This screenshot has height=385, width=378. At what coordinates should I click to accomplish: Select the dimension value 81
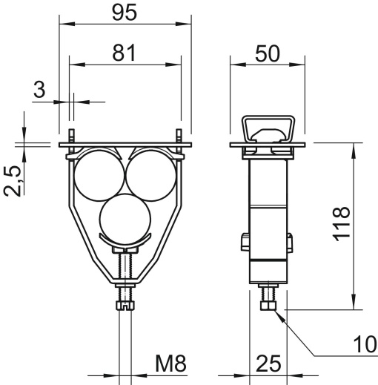point(124,53)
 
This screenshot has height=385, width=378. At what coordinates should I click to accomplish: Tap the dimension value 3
point(40,91)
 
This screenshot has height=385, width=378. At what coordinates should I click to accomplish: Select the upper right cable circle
point(150,173)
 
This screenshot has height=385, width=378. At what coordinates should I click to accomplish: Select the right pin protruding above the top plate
point(179,138)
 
